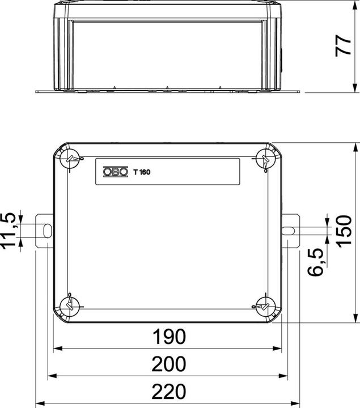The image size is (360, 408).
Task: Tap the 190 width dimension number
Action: click(169, 337)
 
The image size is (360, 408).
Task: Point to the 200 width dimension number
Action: click(169, 364)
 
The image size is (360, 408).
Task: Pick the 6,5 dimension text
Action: click(315, 262)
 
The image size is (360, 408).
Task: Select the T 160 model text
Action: click(141, 172)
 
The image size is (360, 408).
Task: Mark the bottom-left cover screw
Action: click(71, 304)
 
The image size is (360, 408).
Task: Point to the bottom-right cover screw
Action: click(264, 304)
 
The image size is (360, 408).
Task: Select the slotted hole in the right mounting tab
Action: click(289, 230)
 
